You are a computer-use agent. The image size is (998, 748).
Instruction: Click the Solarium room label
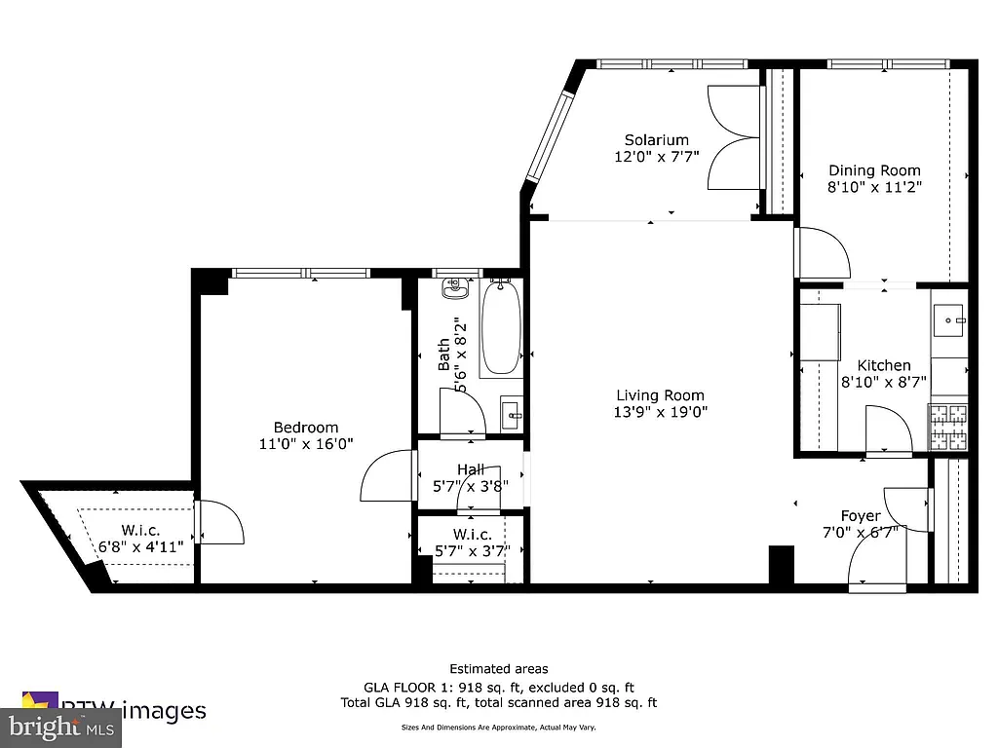pyautogui.click(x=656, y=140)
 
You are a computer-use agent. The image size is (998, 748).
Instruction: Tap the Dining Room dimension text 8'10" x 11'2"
pyautogui.click(x=874, y=187)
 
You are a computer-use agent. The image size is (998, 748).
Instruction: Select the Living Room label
pyautogui.click(x=660, y=395)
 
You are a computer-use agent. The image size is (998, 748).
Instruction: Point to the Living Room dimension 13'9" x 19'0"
pyautogui.click(x=660, y=412)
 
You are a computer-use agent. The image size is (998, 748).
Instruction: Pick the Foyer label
pyautogui.click(x=861, y=515)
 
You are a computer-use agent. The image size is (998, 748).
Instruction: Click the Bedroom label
pyautogui.click(x=305, y=427)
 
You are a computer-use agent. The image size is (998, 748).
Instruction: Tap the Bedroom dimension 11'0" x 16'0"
pyautogui.click(x=305, y=443)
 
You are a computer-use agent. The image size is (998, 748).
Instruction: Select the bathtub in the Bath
pyautogui.click(x=501, y=326)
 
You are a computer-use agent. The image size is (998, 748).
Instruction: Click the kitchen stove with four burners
pyautogui.click(x=948, y=426)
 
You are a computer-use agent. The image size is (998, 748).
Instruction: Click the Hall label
pyautogui.click(x=471, y=470)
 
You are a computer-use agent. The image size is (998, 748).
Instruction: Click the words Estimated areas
pyautogui.click(x=498, y=669)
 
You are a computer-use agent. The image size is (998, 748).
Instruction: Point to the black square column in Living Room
pyautogui.click(x=782, y=564)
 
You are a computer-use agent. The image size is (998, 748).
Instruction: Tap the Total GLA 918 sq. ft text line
pyautogui.click(x=498, y=702)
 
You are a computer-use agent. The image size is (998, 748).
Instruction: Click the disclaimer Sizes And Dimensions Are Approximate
pyautogui.click(x=498, y=728)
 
